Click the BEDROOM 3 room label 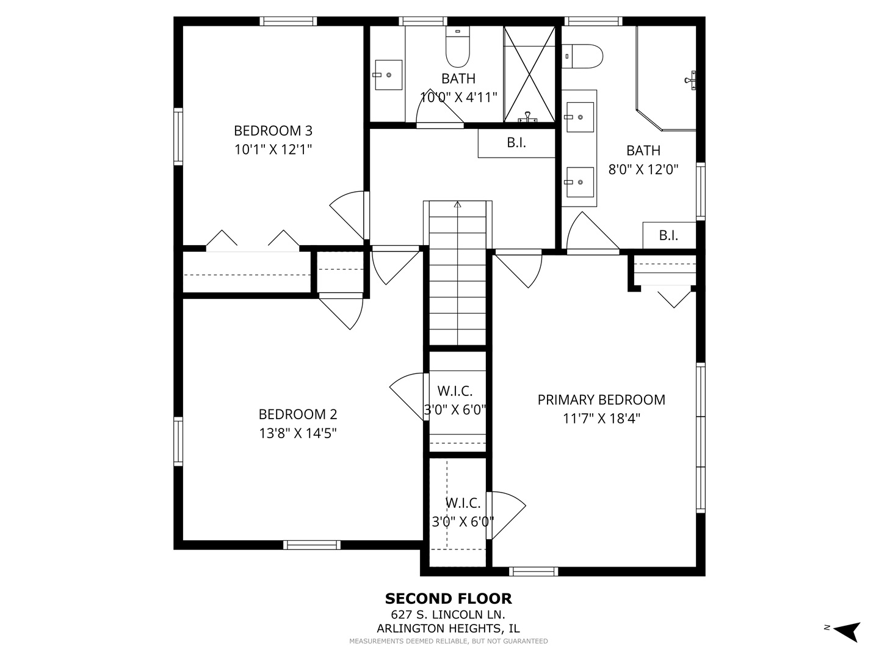tap(273, 131)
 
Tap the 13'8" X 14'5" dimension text tap(298, 433)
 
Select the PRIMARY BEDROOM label tap(601, 400)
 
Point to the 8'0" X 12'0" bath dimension tap(643, 169)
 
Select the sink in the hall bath tap(388, 75)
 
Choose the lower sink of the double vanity tap(579, 182)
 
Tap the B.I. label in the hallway tap(516, 143)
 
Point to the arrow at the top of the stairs tap(457, 205)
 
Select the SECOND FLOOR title tap(448, 599)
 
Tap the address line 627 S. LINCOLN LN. tap(448, 615)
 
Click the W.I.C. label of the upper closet tap(455, 391)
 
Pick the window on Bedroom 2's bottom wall tap(312, 544)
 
